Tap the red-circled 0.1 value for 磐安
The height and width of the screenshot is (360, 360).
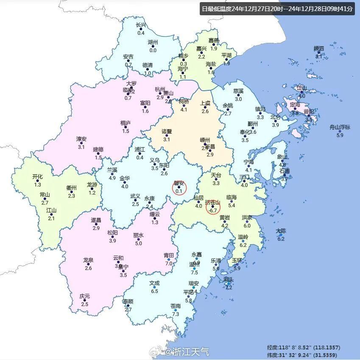179,191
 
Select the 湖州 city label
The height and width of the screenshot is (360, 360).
153,42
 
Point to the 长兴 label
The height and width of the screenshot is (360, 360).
141,25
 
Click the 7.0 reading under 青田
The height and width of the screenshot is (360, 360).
169,263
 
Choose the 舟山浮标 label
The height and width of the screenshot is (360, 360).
340,127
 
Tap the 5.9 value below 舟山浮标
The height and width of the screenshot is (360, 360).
340,135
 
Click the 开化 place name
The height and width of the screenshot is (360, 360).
37,177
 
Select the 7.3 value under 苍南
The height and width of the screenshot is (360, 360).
176,314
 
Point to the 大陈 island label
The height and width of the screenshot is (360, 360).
281,231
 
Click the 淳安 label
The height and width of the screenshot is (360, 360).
81,139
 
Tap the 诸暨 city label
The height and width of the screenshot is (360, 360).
167,131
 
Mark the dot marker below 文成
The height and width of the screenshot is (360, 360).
154,287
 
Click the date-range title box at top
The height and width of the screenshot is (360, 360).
277,8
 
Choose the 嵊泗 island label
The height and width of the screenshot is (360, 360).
318,48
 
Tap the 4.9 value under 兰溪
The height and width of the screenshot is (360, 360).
112,178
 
